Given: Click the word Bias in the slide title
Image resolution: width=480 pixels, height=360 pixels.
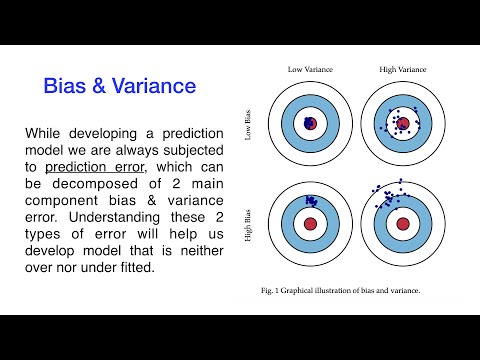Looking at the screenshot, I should tap(67, 86).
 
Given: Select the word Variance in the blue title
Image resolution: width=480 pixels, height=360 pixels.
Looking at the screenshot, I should tap(157, 86).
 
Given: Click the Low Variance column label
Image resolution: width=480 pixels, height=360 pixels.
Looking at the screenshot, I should tap(309, 69).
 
